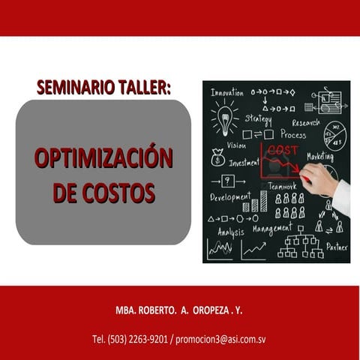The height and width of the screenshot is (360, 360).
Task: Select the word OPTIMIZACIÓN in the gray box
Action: pos(103,158)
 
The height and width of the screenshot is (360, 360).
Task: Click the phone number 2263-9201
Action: pos(147,339)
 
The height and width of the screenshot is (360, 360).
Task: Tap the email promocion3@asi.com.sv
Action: pos(220,339)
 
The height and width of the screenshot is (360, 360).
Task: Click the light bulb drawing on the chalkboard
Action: pos(223,118)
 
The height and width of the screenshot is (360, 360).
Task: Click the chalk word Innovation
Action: pos(226,92)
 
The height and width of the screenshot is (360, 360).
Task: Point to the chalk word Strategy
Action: pos(258,119)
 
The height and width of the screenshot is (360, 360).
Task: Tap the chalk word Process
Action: pos(292,134)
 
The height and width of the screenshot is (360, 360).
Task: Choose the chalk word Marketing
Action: pos(320,156)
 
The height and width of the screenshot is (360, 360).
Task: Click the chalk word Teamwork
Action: pos(282,186)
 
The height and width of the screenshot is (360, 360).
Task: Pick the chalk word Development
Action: pos(230,197)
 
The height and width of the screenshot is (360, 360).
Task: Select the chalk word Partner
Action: pos(337,246)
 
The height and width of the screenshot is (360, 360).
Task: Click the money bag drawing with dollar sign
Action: pos(218,157)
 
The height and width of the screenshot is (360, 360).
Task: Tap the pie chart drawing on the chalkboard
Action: pos(334,136)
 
